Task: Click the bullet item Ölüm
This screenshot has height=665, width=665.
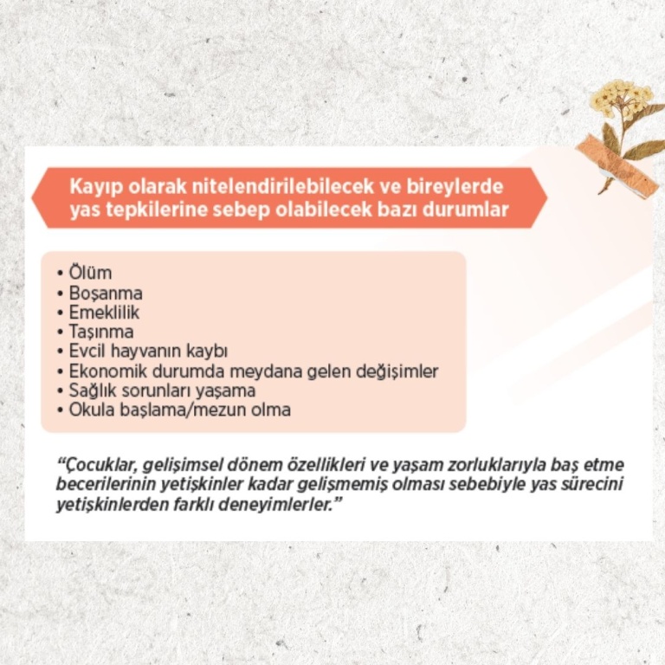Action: [90, 273]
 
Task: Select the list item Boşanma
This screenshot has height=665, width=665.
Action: [106, 294]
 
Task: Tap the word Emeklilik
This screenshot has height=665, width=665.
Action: [104, 313]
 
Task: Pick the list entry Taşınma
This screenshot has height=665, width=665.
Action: [101, 332]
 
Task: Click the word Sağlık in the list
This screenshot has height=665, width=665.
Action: [91, 391]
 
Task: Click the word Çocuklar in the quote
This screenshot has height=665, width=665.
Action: [96, 465]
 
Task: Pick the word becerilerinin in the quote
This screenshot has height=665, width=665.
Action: [105, 484]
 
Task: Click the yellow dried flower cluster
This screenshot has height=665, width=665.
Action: [622, 97]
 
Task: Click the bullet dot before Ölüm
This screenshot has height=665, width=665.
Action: [60, 274]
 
